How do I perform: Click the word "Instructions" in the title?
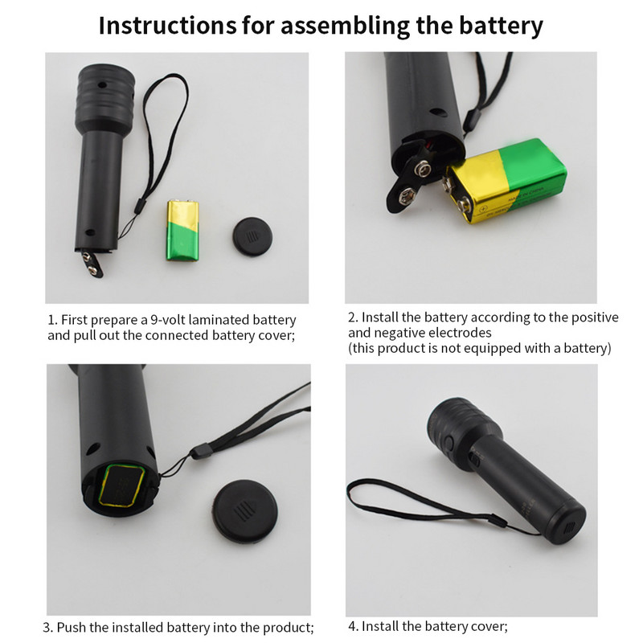(168, 26)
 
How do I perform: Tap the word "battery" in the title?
(500, 27)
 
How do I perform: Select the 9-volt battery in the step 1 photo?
(182, 230)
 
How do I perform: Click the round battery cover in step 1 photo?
(252, 236)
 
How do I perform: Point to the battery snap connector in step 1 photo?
(92, 264)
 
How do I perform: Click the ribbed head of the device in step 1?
(105, 96)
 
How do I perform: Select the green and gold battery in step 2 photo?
(506, 181)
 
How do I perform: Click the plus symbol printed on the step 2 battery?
(484, 209)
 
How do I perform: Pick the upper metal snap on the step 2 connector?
(422, 168)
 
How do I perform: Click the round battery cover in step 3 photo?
(245, 511)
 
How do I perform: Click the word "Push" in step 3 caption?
(71, 628)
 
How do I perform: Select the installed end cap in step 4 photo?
(567, 524)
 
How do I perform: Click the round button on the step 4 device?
(449, 443)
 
